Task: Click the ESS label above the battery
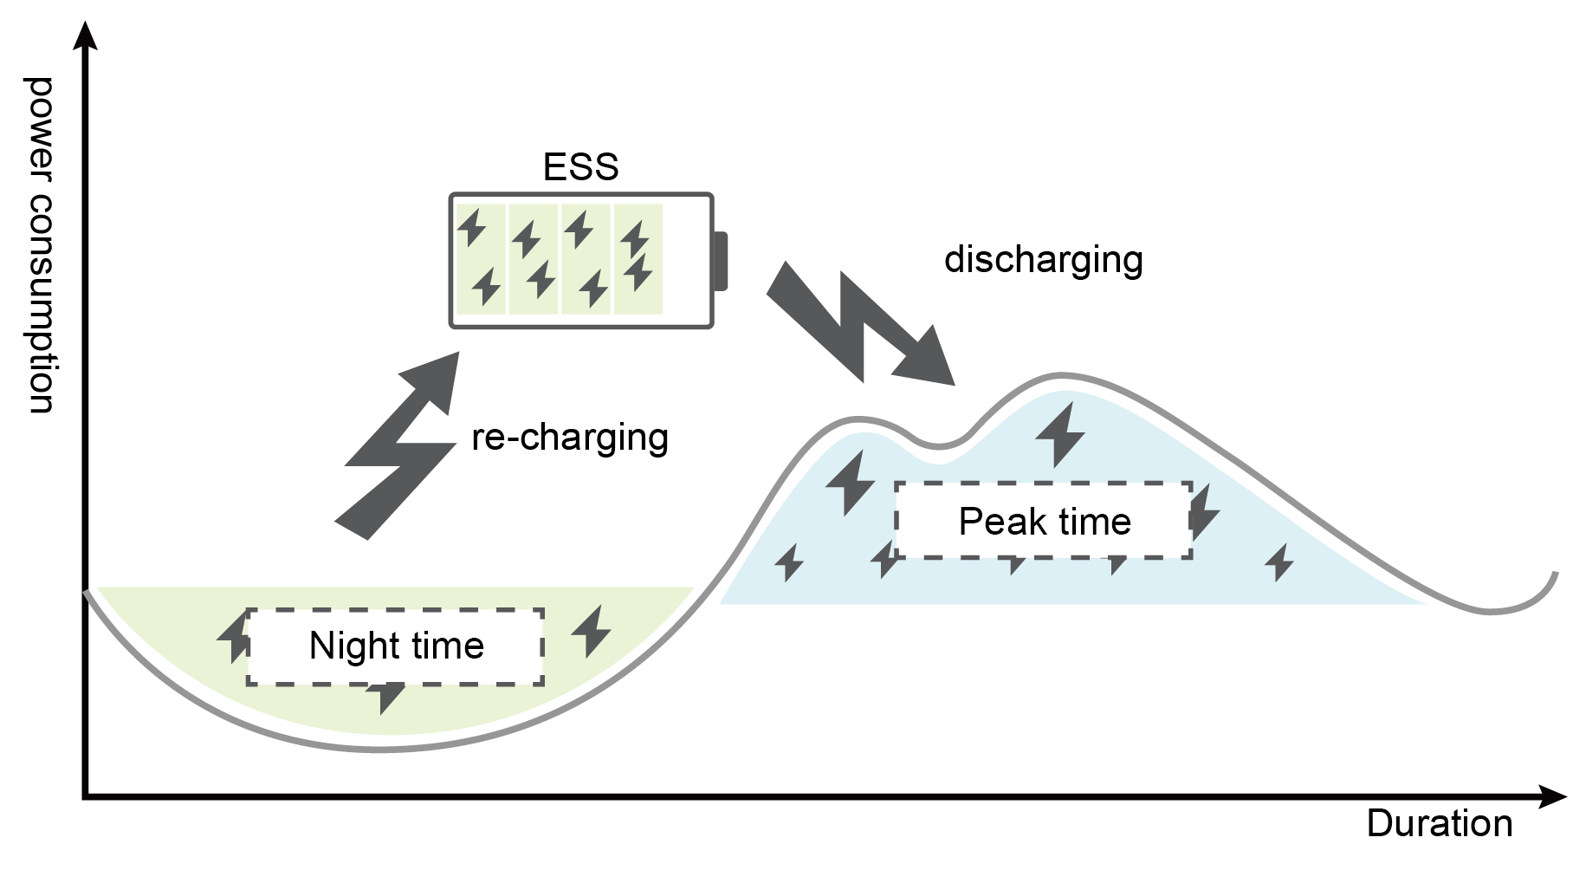[580, 166]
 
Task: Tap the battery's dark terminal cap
[720, 261]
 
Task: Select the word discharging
[1043, 260]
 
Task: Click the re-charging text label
[569, 438]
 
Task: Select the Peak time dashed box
[1043, 520]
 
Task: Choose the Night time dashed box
[395, 646]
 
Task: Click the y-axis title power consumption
[40, 244]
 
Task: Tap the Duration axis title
[1439, 823]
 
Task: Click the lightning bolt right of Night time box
[592, 630]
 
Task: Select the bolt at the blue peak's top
[1060, 433]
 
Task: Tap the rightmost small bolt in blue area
[1279, 562]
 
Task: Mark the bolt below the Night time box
[385, 696]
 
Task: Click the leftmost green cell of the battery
[480, 259]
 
